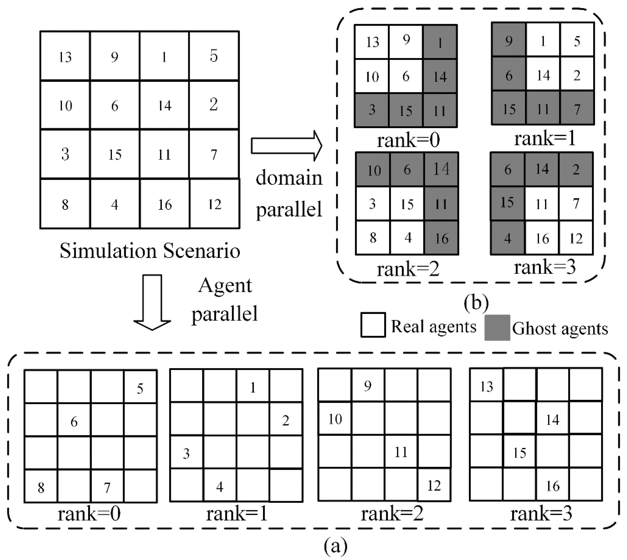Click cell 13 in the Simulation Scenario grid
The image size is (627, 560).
coord(65,56)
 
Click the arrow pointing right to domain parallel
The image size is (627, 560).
coord(286,145)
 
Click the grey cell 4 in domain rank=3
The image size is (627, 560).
coord(508,238)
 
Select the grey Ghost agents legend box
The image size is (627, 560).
coord(497,327)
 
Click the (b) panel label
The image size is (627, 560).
coord(476,303)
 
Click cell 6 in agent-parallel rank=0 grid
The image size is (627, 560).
coord(74,421)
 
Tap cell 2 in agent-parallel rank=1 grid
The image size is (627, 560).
coord(285,420)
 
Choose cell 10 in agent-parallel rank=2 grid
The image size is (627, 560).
coord(335,419)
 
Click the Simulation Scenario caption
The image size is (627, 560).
coord(150,251)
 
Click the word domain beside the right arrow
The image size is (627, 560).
coord(289,178)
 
